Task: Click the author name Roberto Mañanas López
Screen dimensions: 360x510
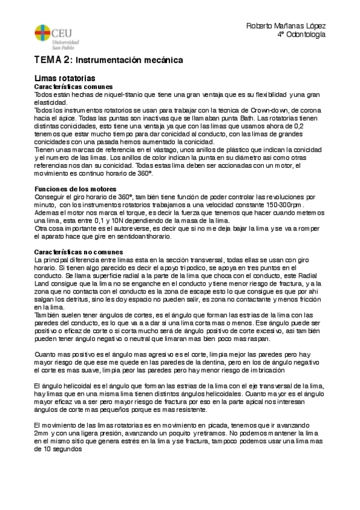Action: (x=286, y=26)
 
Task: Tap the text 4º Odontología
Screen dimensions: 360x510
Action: (x=302, y=35)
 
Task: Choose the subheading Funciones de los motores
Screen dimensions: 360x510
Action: (x=70, y=189)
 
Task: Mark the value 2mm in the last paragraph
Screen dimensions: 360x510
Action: (x=42, y=434)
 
